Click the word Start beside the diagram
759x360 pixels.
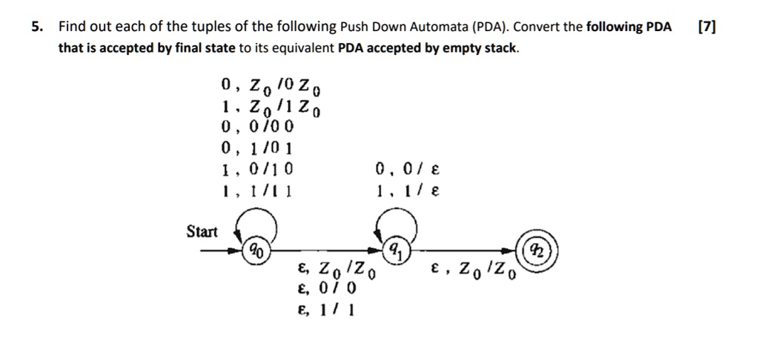pos(202,232)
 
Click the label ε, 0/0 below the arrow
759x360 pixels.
pos(327,288)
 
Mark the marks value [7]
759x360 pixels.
pos(708,28)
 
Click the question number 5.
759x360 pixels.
pos(35,28)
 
